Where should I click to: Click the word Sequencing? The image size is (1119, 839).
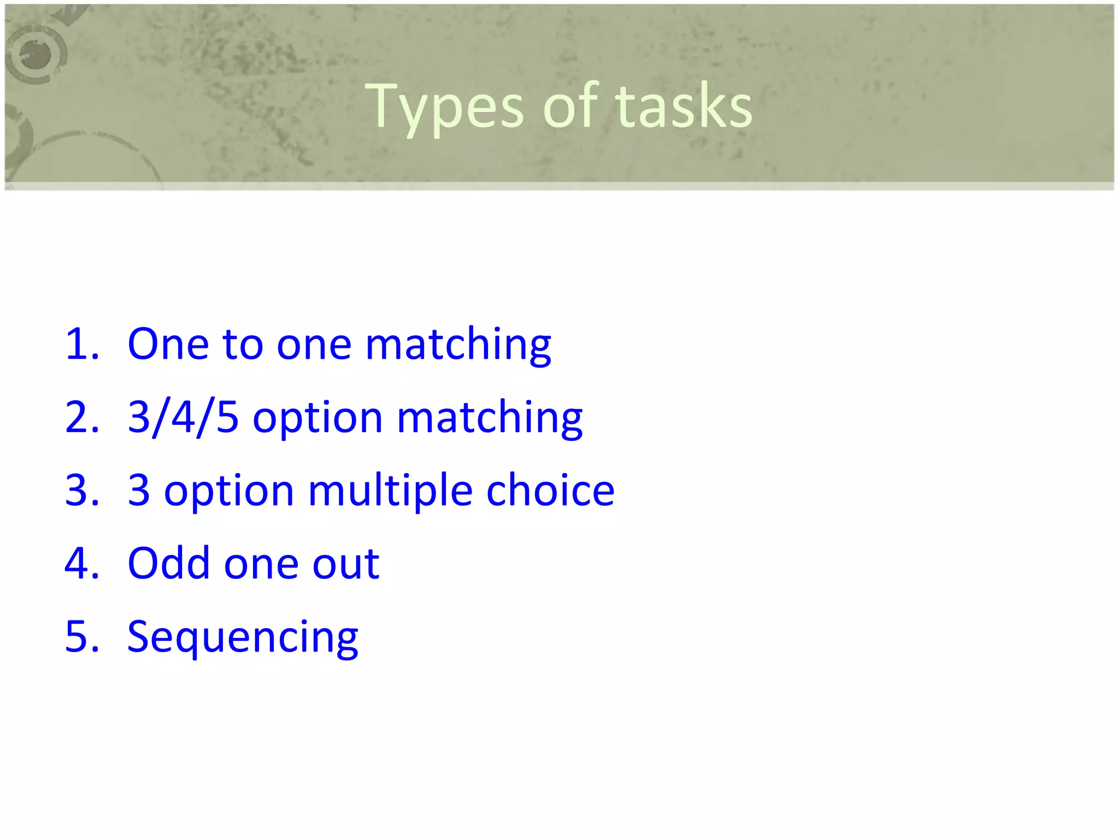243,638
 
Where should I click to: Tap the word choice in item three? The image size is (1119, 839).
550,490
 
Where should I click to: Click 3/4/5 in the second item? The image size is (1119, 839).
183,417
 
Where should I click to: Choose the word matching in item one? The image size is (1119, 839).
458,346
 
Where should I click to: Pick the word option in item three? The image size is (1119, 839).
229,492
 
